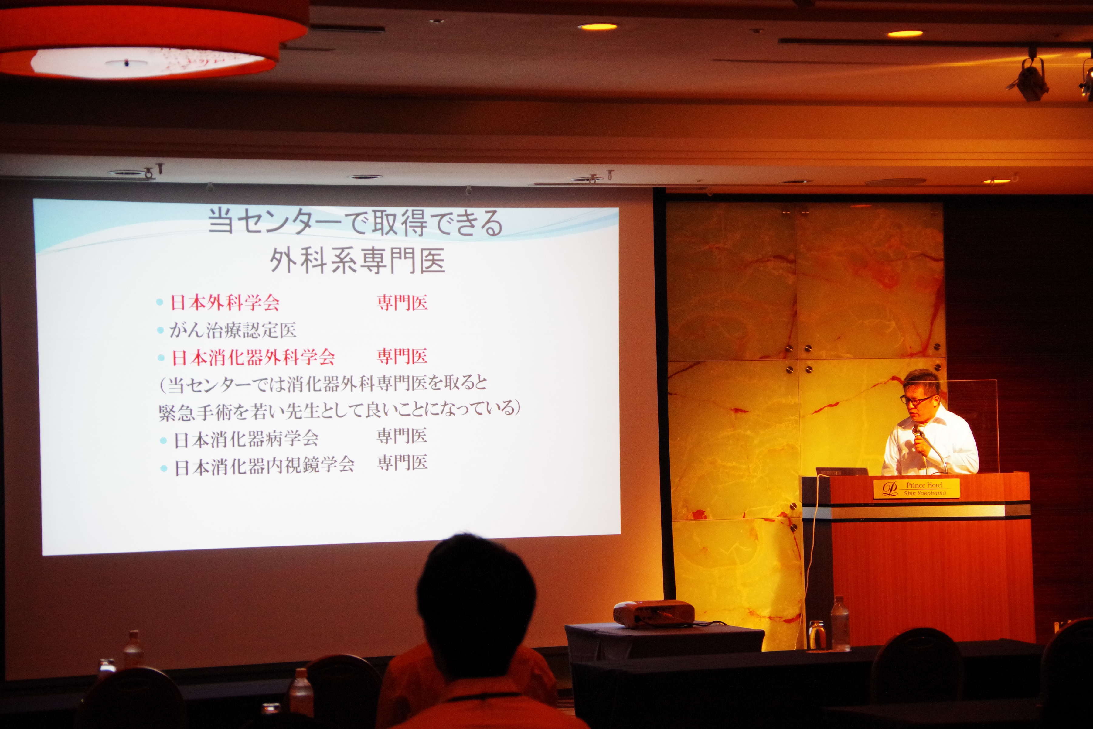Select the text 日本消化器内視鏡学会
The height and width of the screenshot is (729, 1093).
point(264,465)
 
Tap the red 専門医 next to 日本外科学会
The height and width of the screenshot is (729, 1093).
point(402,303)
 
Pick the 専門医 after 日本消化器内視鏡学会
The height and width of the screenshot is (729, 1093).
point(402,463)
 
